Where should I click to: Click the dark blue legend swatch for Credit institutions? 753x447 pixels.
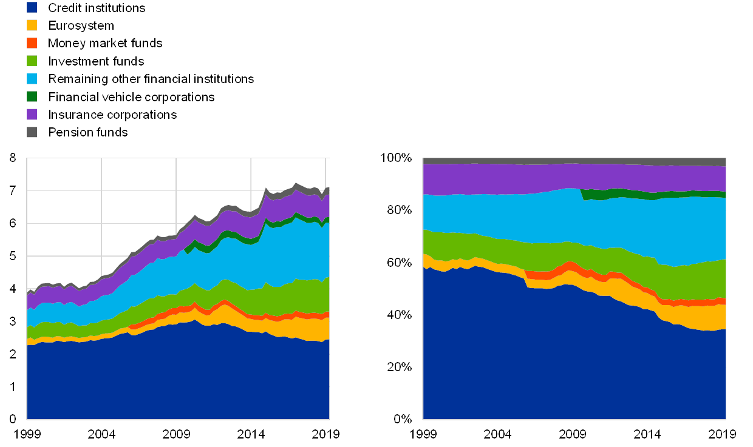[x=32, y=8]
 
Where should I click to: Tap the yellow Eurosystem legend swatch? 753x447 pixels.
[x=32, y=25]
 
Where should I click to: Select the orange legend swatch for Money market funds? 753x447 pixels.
[x=32, y=43]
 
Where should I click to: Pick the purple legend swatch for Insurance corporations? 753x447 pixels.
[x=32, y=114]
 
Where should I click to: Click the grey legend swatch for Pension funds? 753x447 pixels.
[x=32, y=132]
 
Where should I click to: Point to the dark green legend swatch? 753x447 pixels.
[x=32, y=96]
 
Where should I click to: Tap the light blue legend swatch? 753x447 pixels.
[x=32, y=79]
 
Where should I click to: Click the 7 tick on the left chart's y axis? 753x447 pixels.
[x=13, y=191]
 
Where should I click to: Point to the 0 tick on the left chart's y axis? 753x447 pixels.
[x=13, y=418]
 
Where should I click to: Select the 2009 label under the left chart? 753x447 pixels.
[x=176, y=434]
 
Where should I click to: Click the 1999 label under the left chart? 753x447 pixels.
[x=27, y=434]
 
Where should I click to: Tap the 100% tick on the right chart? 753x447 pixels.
[x=396, y=158]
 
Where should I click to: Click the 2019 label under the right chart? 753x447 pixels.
[x=724, y=434]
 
